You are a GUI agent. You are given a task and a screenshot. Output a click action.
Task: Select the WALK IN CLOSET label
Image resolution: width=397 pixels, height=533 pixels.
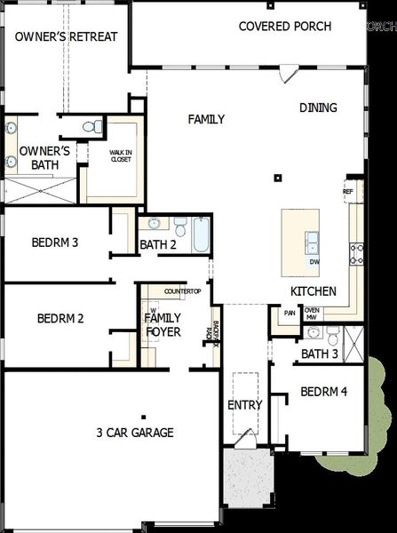tap(122, 156)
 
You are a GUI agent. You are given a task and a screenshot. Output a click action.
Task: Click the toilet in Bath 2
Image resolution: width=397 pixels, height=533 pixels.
tap(179, 225)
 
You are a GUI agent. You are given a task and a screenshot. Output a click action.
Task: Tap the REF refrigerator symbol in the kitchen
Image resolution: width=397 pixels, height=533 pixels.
tap(348, 191)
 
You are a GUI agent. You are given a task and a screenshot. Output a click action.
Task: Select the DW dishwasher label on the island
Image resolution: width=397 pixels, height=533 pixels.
tap(314, 262)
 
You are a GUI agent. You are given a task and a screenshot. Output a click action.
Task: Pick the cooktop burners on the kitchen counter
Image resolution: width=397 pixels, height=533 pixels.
tap(356, 254)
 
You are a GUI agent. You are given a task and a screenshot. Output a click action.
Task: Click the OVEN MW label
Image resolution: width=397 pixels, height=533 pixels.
tap(312, 314)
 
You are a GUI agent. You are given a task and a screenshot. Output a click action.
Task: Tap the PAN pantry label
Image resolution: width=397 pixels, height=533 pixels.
tap(290, 313)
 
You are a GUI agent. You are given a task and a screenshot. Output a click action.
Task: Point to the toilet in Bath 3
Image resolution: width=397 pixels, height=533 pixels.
tap(332, 337)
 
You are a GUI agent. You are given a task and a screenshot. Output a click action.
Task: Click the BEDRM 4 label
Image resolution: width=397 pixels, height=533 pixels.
tap(324, 391)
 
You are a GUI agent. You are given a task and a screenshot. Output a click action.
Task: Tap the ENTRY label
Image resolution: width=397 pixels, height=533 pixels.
tap(245, 405)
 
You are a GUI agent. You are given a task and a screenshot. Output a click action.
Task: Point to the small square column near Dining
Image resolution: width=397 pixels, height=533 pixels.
tap(278, 178)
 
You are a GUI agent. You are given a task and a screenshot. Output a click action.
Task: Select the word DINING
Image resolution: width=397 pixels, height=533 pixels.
tap(318, 107)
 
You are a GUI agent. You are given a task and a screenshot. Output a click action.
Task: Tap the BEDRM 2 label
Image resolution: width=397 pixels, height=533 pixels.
tap(60, 318)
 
